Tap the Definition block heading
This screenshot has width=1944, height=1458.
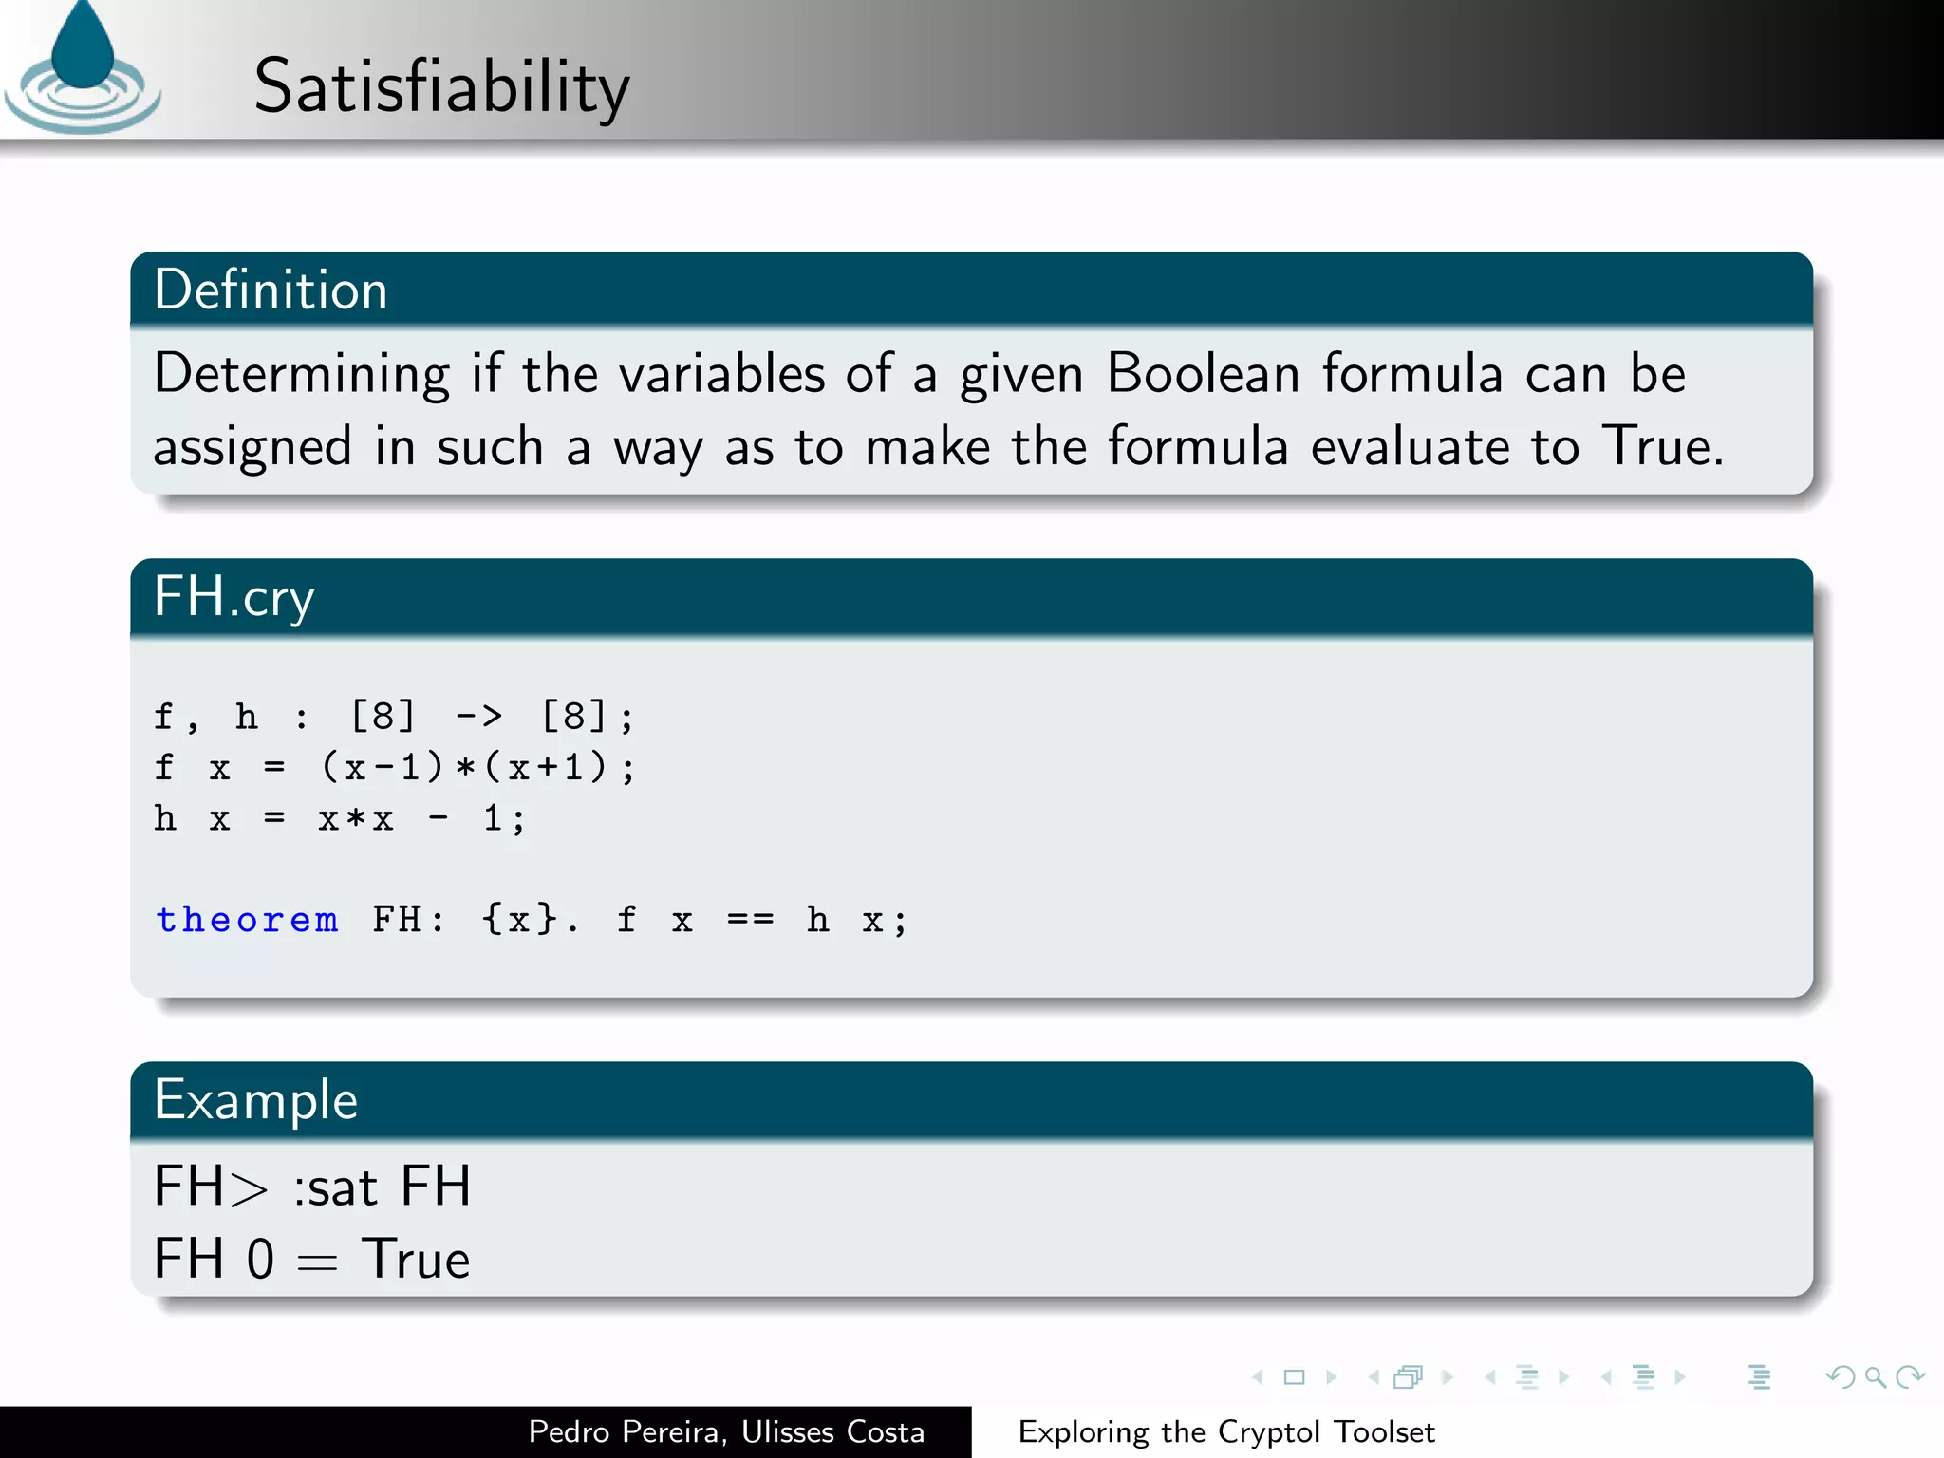click(271, 290)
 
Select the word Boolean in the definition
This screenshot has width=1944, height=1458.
click(1203, 373)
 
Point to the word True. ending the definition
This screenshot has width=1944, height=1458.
click(1662, 446)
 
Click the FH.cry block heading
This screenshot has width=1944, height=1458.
click(234, 597)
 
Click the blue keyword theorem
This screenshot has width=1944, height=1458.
click(247, 920)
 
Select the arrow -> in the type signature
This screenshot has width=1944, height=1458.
click(478, 716)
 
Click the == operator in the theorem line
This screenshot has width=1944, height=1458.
click(750, 920)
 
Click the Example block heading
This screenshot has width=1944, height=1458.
click(255, 1100)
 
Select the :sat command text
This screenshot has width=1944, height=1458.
click(335, 1187)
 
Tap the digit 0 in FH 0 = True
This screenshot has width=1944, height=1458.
click(260, 1260)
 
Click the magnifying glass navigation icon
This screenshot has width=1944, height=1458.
click(1875, 1377)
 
